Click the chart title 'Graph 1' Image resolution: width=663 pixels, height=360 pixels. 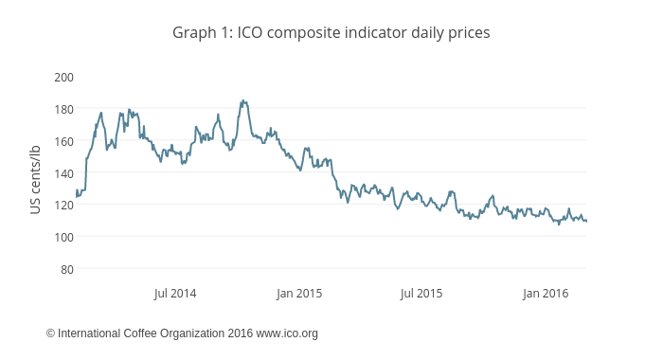[202, 32]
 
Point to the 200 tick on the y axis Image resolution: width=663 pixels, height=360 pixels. [64, 77]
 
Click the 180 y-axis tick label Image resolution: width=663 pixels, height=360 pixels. [64, 109]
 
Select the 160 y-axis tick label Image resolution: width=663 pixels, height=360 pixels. [64, 141]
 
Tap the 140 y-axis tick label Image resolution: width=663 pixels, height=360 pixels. [64, 173]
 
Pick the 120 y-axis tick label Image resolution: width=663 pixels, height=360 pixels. [64, 205]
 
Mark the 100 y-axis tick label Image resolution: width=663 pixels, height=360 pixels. [64, 237]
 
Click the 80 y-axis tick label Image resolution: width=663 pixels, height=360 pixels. [67, 269]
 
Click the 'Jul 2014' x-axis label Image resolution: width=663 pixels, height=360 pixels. [175, 294]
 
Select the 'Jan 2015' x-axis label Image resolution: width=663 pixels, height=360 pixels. [299, 294]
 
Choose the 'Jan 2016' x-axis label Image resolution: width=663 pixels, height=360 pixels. [546, 294]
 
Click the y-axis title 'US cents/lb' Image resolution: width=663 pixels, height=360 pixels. [36, 179]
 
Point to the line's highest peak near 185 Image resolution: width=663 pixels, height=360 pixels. [242, 100]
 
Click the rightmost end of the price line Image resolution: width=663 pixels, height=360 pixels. [586, 221]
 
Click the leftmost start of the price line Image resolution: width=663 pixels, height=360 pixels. [77, 192]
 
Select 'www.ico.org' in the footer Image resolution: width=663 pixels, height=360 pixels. [287, 333]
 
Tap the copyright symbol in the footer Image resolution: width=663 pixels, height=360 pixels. [51, 333]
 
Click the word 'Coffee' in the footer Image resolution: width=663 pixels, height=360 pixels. [143, 333]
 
